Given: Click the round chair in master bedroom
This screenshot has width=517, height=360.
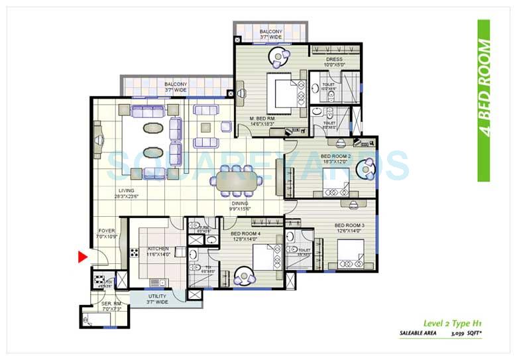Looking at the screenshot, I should pos(277,56).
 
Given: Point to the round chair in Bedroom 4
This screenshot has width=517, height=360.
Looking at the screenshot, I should pos(244,274).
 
